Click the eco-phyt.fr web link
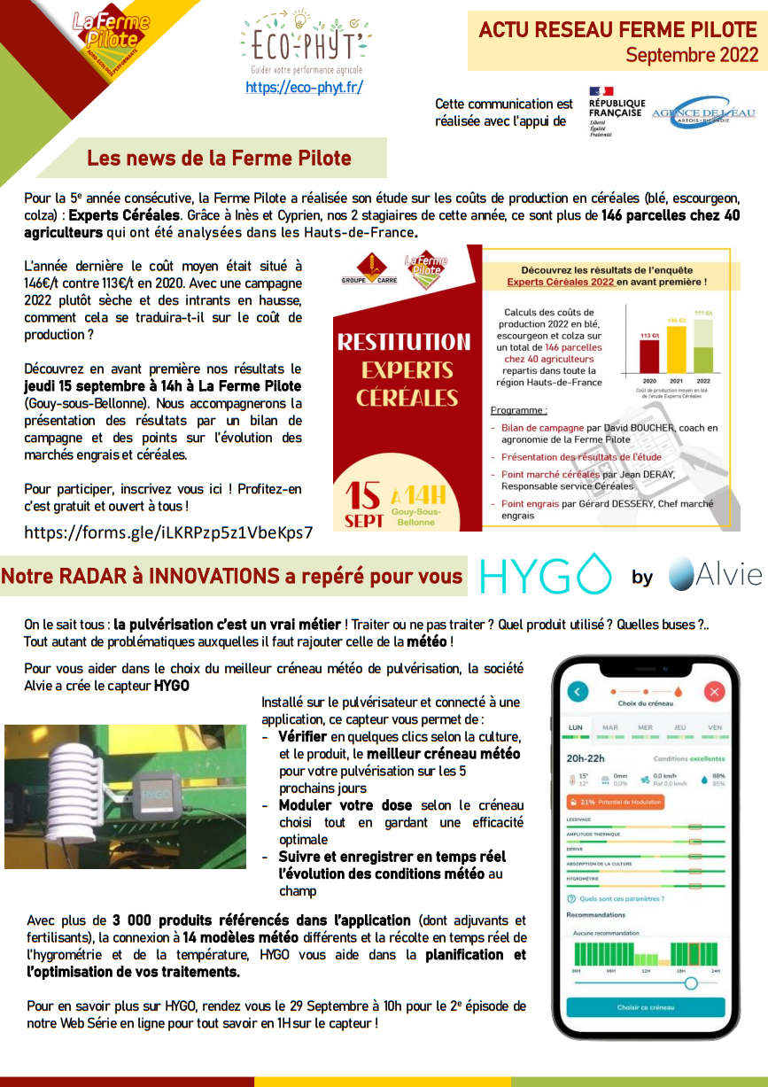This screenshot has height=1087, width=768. click(x=304, y=88)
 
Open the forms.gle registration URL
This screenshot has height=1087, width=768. click(x=168, y=532)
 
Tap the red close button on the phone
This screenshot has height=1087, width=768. click(x=714, y=692)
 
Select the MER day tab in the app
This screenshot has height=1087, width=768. click(x=645, y=728)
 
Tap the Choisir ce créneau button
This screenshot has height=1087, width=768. click(x=646, y=1007)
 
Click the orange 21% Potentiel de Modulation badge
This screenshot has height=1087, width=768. click(x=615, y=802)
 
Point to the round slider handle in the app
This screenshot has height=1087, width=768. click(x=691, y=982)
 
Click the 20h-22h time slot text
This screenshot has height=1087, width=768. click(x=586, y=758)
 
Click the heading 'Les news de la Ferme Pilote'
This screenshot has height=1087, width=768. click(x=219, y=159)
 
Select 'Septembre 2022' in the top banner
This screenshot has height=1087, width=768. click(x=692, y=55)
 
